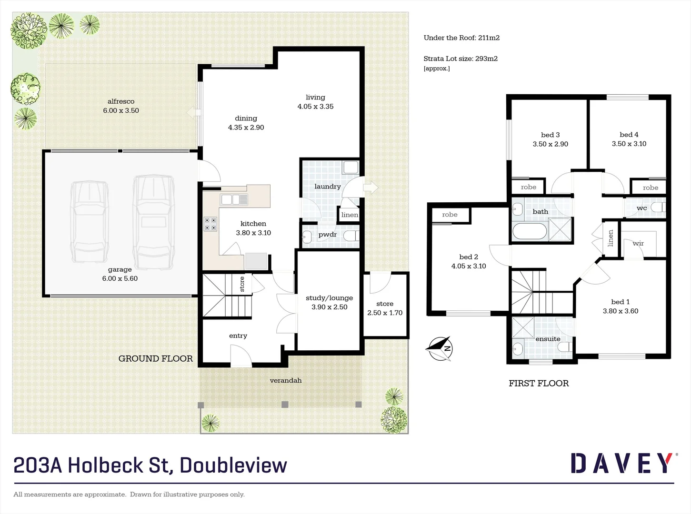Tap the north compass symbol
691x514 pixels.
click(x=439, y=348)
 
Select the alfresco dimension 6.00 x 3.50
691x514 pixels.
click(x=121, y=110)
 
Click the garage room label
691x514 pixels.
click(x=120, y=269)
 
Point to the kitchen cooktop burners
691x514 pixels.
click(x=210, y=224)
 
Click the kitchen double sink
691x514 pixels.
click(x=234, y=200)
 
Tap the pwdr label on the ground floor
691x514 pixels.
click(x=328, y=235)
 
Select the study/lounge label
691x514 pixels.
click(x=329, y=298)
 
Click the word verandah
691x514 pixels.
click(x=286, y=380)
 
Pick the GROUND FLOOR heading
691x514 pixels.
click(x=156, y=359)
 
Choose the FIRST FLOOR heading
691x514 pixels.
click(x=539, y=384)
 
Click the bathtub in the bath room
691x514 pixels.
click(x=530, y=232)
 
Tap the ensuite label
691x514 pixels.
click(x=548, y=339)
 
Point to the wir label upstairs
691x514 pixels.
click(x=638, y=243)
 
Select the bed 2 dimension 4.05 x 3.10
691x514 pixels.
click(x=469, y=266)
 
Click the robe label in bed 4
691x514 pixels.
click(x=651, y=188)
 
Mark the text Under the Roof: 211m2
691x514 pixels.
click(x=461, y=38)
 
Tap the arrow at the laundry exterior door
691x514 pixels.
click(x=371, y=187)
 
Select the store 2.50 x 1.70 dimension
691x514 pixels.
click(x=385, y=313)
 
